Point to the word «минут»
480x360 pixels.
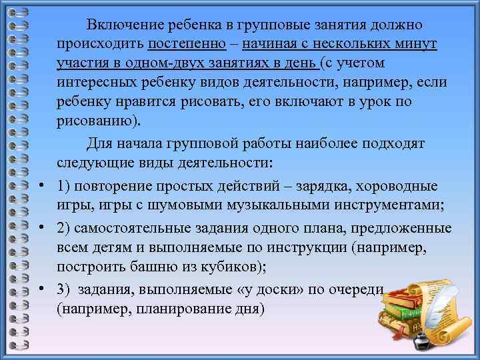(414, 45)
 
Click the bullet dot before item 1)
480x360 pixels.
(41, 186)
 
